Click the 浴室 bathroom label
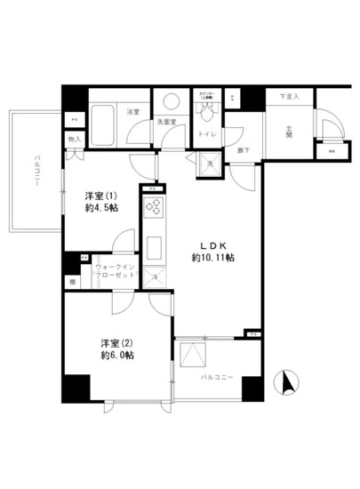[x=132, y=112]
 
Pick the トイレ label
[x=205, y=134]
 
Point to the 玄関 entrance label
[x=290, y=134]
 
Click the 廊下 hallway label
[x=243, y=152]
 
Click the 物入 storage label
[x=74, y=140]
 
